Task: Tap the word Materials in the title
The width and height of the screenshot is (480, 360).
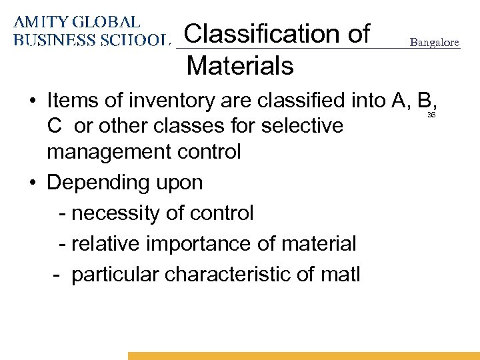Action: [240, 65]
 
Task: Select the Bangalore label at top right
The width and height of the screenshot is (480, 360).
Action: [435, 43]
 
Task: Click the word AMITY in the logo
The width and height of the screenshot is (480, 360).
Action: [39, 22]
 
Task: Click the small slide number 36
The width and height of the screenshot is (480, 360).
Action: [431, 115]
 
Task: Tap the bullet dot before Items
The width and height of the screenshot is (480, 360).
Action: [32, 101]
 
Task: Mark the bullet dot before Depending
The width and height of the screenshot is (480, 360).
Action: [32, 183]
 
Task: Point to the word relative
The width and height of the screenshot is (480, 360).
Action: [105, 243]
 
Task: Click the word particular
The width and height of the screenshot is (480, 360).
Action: [117, 274]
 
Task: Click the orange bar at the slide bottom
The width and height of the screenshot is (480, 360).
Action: [304, 356]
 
